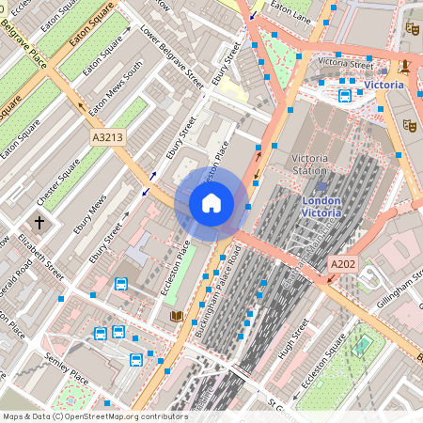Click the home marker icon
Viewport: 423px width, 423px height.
pyautogui.click(x=211, y=202)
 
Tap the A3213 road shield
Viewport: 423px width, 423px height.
pyautogui.click(x=106, y=137)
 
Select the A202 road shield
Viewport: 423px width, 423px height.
pyautogui.click(x=342, y=266)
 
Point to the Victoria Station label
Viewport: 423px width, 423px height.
pyautogui.click(x=310, y=164)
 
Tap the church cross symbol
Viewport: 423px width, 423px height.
pyautogui.click(x=39, y=223)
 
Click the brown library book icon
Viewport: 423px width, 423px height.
pyautogui.click(x=176, y=318)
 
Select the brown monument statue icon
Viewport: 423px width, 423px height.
pyautogui.click(x=403, y=66)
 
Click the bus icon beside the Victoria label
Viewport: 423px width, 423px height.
pyautogui.click(x=345, y=95)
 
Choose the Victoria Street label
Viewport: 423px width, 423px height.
pyautogui.click(x=345, y=62)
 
